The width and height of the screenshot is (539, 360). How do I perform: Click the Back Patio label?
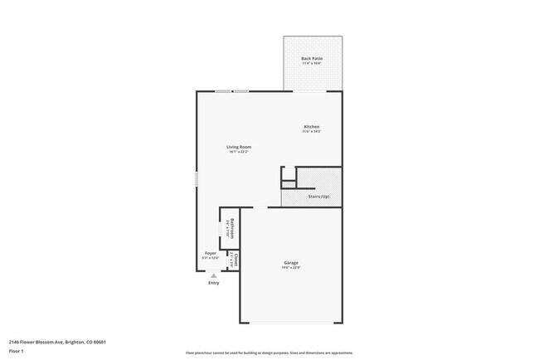click(x=312, y=59)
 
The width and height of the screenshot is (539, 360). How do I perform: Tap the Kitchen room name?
click(x=311, y=127)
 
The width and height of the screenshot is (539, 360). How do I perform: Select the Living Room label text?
click(x=239, y=147)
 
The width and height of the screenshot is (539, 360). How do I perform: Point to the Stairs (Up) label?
click(x=318, y=196)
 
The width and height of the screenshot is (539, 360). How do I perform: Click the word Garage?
click(x=290, y=263)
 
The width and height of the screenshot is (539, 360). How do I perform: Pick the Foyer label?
click(x=210, y=253)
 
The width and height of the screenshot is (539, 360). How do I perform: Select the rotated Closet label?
click(x=236, y=259)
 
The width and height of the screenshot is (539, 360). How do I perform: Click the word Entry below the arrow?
click(x=214, y=283)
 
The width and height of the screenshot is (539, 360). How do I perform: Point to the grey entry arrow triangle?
click(x=214, y=275)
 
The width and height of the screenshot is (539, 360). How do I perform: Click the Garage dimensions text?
click(x=290, y=268)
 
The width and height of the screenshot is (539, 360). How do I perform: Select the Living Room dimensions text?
click(x=239, y=152)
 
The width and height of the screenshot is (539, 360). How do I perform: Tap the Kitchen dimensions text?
click(x=311, y=132)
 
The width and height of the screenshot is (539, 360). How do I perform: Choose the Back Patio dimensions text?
click(x=312, y=64)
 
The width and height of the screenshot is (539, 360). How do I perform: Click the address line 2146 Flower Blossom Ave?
click(x=57, y=341)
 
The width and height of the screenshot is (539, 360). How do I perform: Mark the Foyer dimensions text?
click(x=210, y=258)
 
